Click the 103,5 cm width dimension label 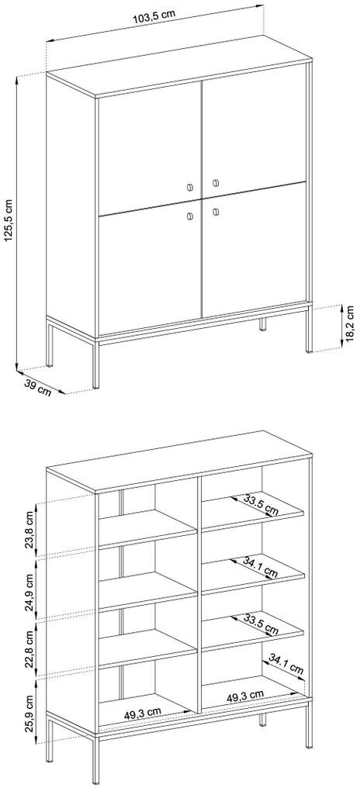pos(154,16)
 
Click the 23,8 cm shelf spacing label pos(31,530)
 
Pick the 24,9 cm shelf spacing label pos(31,589)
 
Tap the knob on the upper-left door pos(189,187)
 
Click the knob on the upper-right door pos(216,182)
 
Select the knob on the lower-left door pos(189,216)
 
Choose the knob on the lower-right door pos(216,212)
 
